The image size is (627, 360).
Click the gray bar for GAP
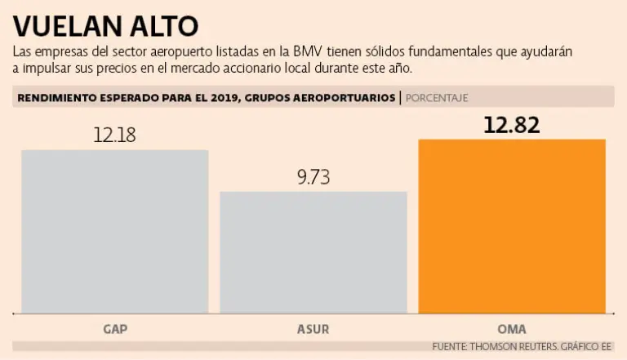click(x=115, y=231)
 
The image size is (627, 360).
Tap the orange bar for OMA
click(x=512, y=226)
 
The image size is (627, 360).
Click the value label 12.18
click(x=115, y=135)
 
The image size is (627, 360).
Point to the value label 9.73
click(x=313, y=177)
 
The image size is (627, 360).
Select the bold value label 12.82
click(x=512, y=125)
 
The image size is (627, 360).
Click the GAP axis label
click(x=115, y=330)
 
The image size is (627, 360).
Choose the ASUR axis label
click(x=313, y=330)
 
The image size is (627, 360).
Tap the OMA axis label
click(x=512, y=330)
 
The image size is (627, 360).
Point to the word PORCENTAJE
click(x=437, y=98)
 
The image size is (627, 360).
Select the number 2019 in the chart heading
click(x=225, y=98)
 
